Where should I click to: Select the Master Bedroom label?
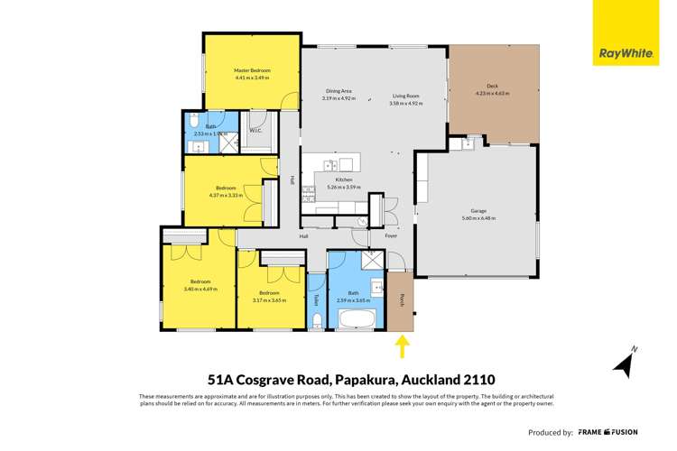(252, 70)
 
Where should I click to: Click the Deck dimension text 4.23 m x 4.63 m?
(492, 94)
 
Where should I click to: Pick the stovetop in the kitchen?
(309, 189)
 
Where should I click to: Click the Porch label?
(401, 299)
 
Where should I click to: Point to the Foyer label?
(390, 237)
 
